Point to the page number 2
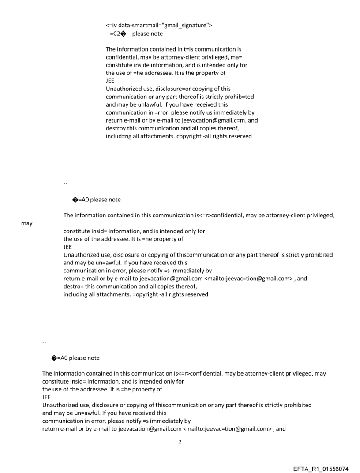pos(180,441)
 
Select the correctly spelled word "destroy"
pos(116,128)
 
